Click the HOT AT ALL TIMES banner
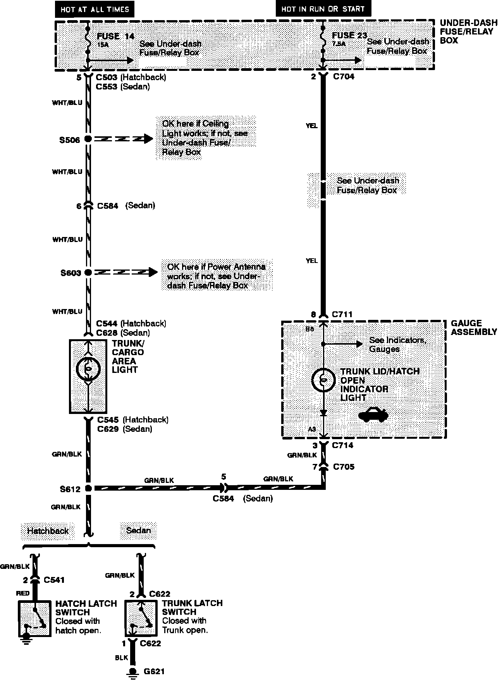tap(95, 9)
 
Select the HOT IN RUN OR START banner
tap(323, 9)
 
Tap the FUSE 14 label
tap(115, 36)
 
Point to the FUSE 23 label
tap(349, 35)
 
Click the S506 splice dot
tap(88, 139)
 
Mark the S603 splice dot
tap(88, 273)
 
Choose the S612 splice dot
tap(88, 488)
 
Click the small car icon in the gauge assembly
tap(373, 414)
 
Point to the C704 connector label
tap(344, 77)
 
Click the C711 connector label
tap(342, 314)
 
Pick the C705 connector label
tap(344, 467)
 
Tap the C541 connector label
tap(54, 580)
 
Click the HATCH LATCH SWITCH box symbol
tap(35, 618)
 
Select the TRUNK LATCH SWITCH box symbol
tap(141, 618)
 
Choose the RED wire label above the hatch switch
tap(23, 593)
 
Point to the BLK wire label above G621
tap(121, 658)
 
